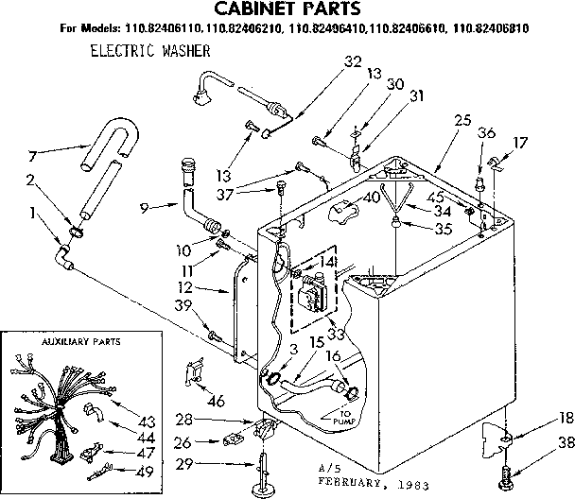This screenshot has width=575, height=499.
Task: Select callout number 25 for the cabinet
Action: [462, 120]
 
